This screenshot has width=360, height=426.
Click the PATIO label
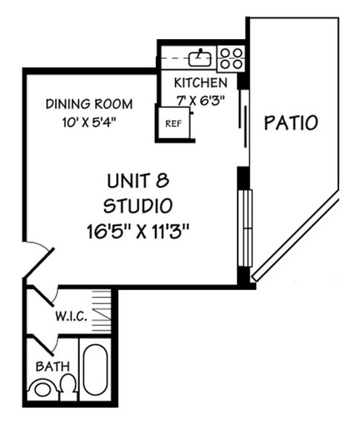click(x=290, y=122)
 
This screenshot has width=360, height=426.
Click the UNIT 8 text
click(x=140, y=180)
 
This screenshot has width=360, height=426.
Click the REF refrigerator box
click(x=173, y=123)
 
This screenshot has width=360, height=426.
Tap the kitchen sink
click(x=199, y=56)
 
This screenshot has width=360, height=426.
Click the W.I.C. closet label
click(x=71, y=317)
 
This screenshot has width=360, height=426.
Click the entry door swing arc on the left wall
click(x=40, y=257)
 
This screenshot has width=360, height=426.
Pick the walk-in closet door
click(x=45, y=298)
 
